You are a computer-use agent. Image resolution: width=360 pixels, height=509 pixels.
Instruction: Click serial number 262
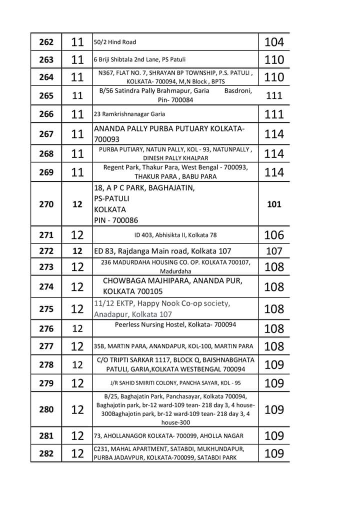pyautogui.click(x=46, y=42)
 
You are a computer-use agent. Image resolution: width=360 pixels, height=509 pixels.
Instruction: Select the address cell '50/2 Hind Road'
pyautogui.click(x=115, y=42)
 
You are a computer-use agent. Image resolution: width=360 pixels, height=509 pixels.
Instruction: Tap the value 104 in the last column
pyautogui.click(x=274, y=42)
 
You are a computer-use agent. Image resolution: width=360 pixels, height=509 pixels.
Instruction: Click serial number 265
pyautogui.click(x=46, y=95)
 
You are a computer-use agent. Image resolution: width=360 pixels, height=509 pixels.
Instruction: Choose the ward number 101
pyautogui.click(x=274, y=204)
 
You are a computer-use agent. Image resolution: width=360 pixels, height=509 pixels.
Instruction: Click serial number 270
pyautogui.click(x=46, y=204)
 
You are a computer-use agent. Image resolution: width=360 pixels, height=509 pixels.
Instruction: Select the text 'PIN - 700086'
pyautogui.click(x=116, y=220)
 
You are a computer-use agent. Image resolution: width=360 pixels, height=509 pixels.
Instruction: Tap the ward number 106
pyautogui.click(x=274, y=234)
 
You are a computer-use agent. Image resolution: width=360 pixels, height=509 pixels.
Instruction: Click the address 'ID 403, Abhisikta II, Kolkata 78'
pyautogui.click(x=175, y=234)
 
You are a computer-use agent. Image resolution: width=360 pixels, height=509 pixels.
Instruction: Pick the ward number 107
pyautogui.click(x=274, y=251)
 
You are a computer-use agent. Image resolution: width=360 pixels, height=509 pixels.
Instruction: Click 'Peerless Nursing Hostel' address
pyautogui.click(x=175, y=324)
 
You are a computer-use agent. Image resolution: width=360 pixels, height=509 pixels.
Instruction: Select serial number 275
pyautogui.click(x=46, y=309)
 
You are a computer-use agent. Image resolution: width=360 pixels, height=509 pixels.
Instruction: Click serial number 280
pyautogui.click(x=46, y=409)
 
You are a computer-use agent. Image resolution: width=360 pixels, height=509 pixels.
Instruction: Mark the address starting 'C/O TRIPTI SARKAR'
pyautogui.click(x=175, y=364)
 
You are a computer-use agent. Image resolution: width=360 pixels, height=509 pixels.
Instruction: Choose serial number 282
pyautogui.click(x=46, y=453)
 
